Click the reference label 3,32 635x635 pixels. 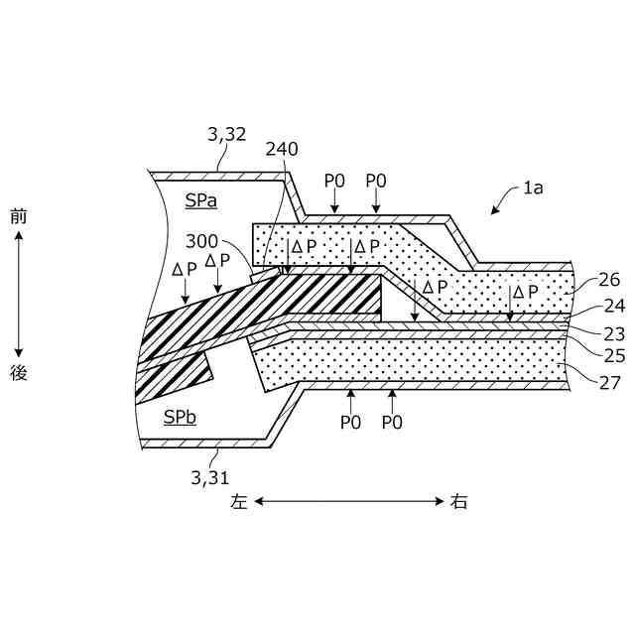coord(226,133)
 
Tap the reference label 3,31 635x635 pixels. coord(209,477)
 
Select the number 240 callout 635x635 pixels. coord(282,149)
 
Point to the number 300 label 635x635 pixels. coord(203,241)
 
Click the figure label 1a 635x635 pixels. coord(533,187)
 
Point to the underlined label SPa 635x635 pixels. coord(200,200)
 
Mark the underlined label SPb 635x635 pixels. coord(181,417)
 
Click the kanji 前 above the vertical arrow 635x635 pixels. coord(18,216)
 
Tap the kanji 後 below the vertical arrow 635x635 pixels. coord(18,374)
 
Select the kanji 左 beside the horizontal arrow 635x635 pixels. coord(239,502)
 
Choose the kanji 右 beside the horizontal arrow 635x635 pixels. coord(458,502)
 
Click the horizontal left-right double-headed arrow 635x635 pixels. coord(349,502)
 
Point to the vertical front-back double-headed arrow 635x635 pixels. coord(18,295)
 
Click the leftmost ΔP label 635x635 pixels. coord(185,269)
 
